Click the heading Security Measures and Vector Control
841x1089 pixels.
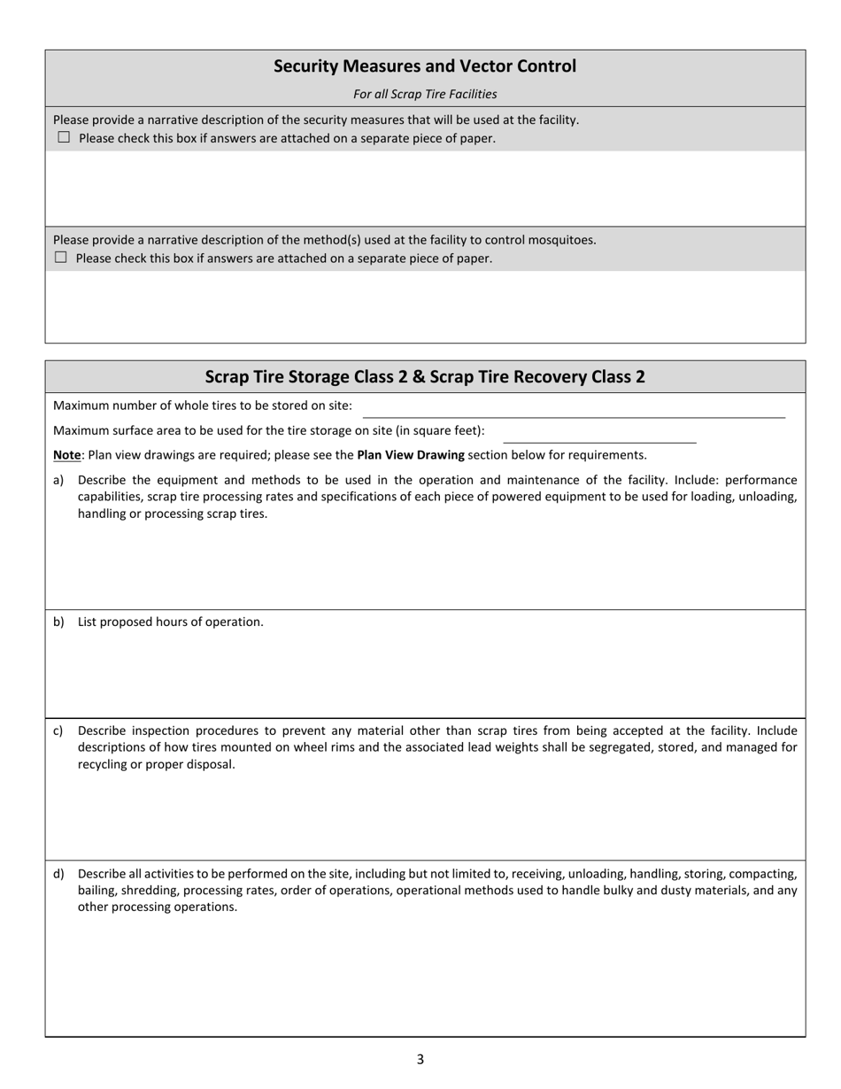pos(425,66)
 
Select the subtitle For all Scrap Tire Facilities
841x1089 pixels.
pos(425,94)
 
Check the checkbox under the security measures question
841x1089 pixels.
pos(64,137)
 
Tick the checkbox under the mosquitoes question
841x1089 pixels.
pos(60,258)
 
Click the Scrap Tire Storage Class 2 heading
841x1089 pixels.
pos(425,376)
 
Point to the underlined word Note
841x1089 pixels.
pos(66,455)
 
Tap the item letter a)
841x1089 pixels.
pos(58,480)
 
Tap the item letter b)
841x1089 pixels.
pos(58,622)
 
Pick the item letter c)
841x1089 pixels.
pos(58,730)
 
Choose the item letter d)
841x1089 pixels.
pos(58,874)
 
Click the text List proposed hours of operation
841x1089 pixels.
pos(171,622)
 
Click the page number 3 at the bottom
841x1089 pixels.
pos(420,1059)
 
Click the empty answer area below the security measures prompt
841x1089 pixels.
pos(425,188)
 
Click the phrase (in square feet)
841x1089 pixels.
pos(439,430)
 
